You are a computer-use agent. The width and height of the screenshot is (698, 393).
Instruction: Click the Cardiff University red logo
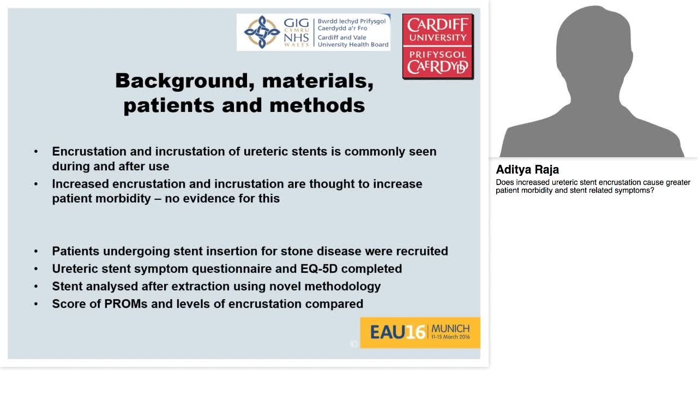pyautogui.click(x=437, y=46)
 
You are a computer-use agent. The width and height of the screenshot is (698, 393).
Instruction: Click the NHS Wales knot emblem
pyautogui.click(x=262, y=32)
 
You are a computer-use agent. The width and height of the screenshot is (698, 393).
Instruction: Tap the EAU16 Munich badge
pyautogui.click(x=420, y=332)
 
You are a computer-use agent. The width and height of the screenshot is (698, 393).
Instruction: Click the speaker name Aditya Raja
pyautogui.click(x=527, y=169)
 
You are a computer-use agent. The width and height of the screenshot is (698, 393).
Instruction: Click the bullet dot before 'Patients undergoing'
pyautogui.click(x=36, y=251)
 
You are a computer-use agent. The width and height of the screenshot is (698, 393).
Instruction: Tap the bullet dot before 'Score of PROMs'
pyautogui.click(x=36, y=303)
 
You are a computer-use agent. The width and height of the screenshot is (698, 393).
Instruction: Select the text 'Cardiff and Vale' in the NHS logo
pyautogui.click(x=342, y=38)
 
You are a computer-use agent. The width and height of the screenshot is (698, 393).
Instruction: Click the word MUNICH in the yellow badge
pyautogui.click(x=450, y=328)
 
